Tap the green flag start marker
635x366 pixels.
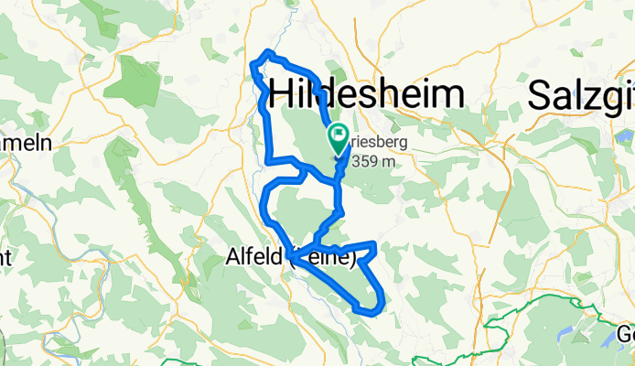tap(338, 138)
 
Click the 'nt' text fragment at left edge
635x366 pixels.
tap(5, 257)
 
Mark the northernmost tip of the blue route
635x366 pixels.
tap(267, 51)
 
